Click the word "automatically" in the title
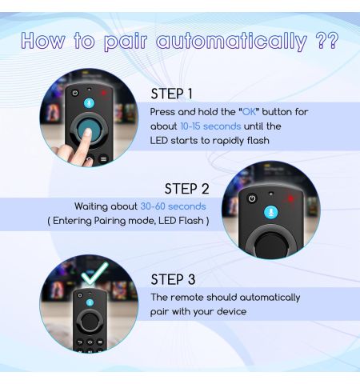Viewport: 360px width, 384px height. (x=231, y=42)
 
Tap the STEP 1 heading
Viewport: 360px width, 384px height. (x=171, y=94)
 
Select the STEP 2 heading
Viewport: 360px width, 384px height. (x=186, y=189)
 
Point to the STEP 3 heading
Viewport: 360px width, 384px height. (x=173, y=279)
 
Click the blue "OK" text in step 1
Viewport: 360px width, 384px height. (x=249, y=112)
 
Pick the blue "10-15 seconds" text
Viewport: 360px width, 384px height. (x=210, y=126)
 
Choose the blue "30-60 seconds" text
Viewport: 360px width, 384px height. (x=173, y=206)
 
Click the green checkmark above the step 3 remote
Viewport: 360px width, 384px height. (x=95, y=273)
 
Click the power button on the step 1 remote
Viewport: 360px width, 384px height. (x=75, y=93)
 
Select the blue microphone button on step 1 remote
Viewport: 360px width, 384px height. (x=89, y=103)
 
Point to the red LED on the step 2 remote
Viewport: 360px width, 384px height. (x=291, y=198)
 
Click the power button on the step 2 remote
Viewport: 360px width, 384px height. (x=252, y=198)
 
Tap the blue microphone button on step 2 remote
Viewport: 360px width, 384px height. (x=271, y=213)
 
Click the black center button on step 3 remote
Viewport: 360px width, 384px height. (x=90, y=322)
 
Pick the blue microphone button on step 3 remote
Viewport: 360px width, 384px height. (x=90, y=302)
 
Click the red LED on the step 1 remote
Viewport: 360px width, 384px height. (x=103, y=93)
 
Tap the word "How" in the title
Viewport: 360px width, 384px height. (x=42, y=41)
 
